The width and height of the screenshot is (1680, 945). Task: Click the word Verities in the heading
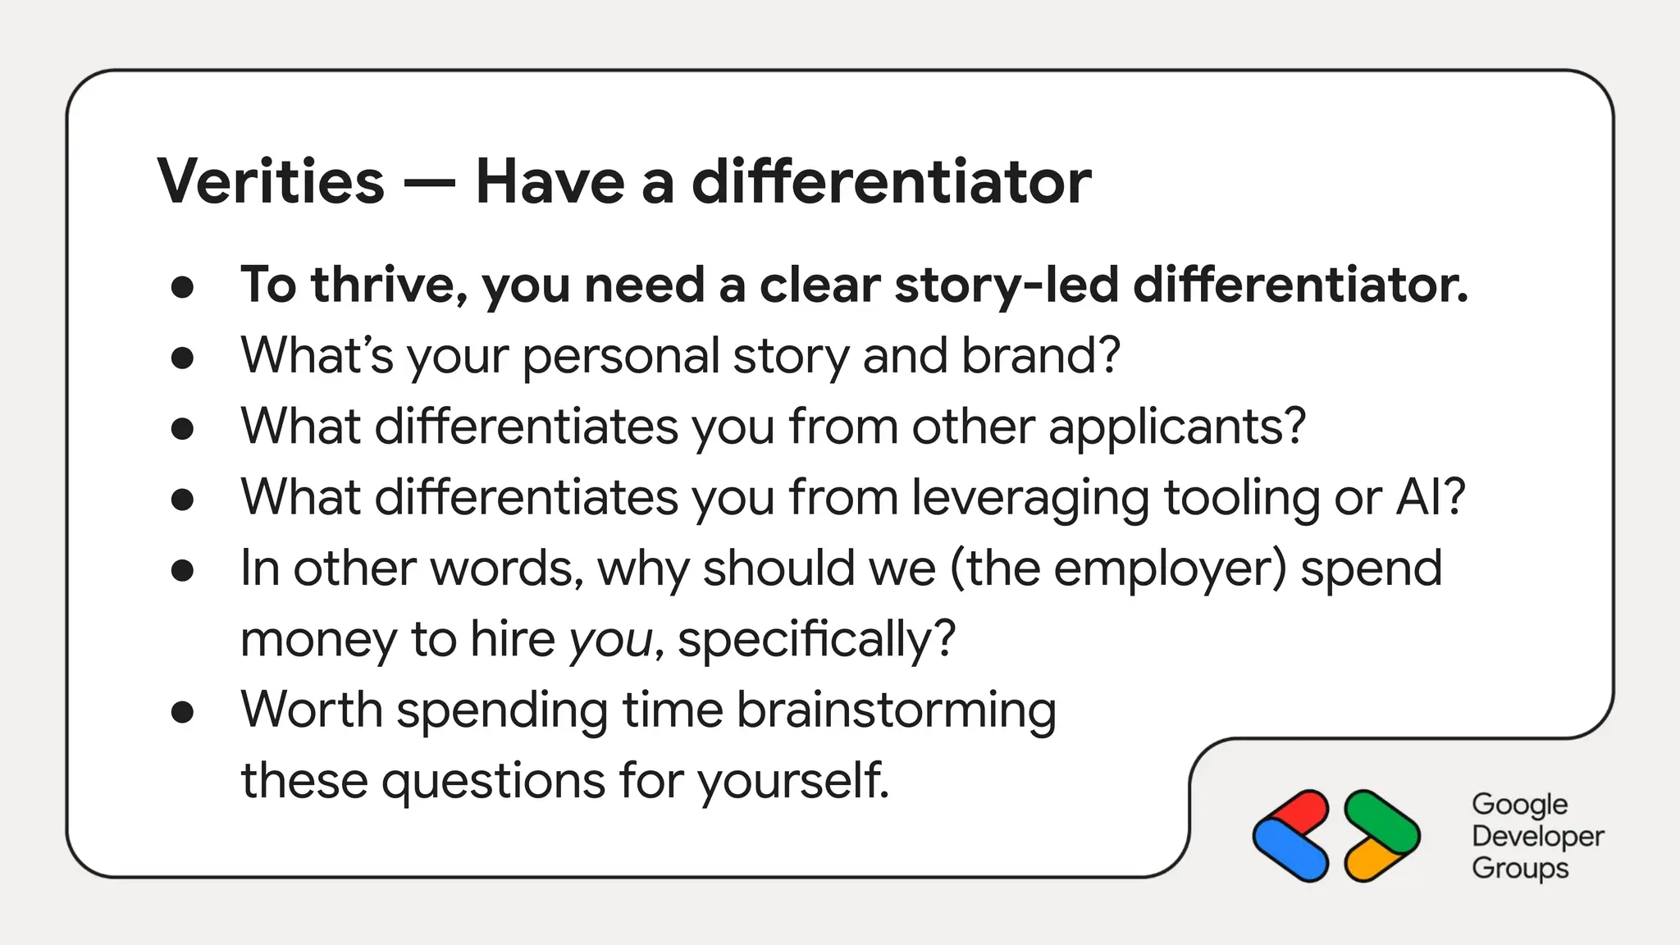click(x=271, y=181)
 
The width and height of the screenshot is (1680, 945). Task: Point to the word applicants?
click(x=1176, y=427)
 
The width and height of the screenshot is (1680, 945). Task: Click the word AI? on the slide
click(x=1430, y=497)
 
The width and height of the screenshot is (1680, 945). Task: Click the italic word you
click(x=610, y=640)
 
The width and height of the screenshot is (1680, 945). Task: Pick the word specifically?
click(x=816, y=640)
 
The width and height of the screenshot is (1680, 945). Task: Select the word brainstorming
click(x=896, y=710)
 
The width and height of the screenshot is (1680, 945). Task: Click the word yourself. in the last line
click(x=793, y=781)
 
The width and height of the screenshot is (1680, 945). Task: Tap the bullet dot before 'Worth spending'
click(x=182, y=712)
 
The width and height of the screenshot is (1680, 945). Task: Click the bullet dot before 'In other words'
click(x=182, y=570)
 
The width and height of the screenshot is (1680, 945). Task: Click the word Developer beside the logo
click(x=1537, y=836)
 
